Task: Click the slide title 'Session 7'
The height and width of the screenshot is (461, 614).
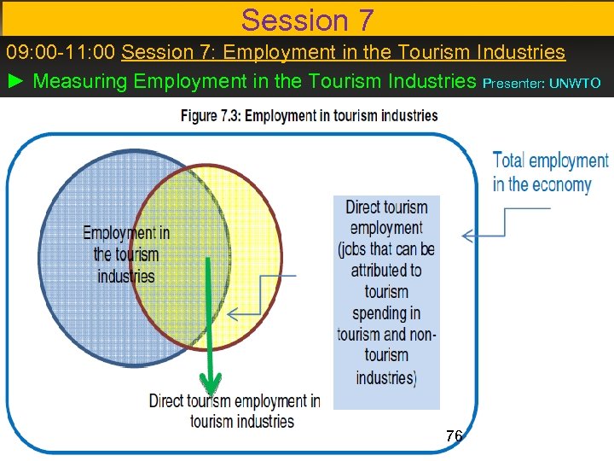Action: [x=307, y=18]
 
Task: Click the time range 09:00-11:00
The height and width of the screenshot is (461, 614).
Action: [x=61, y=52]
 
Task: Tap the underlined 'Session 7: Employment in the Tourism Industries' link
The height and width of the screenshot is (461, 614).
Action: [x=343, y=52]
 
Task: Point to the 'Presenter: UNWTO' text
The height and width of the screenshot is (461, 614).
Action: [x=542, y=84]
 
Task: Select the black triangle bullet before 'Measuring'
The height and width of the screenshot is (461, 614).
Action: [x=16, y=82]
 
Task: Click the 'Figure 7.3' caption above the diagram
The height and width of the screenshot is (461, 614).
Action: [x=309, y=116]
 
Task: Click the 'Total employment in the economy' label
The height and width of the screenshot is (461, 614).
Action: [x=550, y=172]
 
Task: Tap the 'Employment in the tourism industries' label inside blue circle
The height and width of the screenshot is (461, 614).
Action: [x=126, y=254]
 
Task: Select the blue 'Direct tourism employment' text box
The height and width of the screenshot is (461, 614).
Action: [x=386, y=301]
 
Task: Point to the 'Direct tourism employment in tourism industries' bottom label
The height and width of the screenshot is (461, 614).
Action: [x=235, y=411]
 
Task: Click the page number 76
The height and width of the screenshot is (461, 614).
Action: [x=454, y=436]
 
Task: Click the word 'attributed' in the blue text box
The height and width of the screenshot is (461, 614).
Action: [x=385, y=270]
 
